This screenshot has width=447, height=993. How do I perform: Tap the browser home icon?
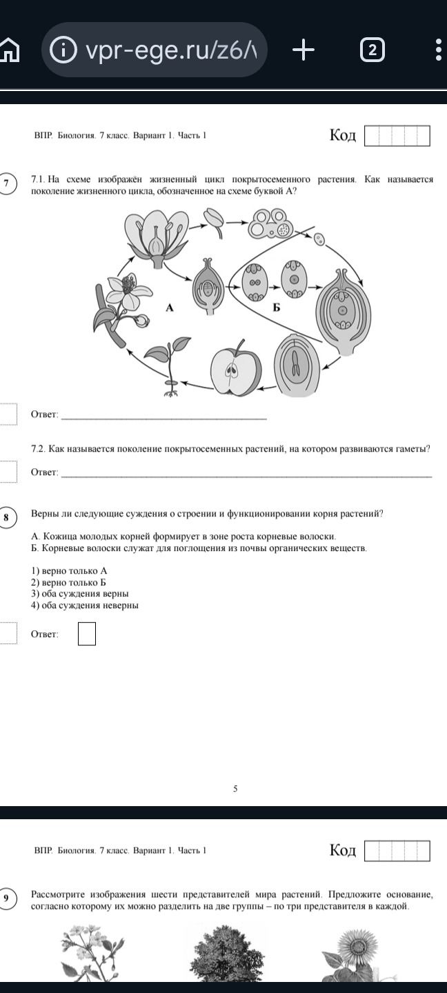click(9, 50)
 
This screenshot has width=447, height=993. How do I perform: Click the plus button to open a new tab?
click(304, 49)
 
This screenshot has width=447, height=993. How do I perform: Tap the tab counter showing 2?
click(372, 50)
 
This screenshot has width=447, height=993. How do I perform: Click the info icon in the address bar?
click(63, 49)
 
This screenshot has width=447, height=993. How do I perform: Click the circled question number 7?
click(6, 183)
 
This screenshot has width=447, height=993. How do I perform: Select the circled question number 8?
click(6, 517)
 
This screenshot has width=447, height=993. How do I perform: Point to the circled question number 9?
click(6, 898)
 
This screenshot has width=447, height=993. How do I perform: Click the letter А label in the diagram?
click(170, 308)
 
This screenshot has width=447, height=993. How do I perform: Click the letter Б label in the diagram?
click(276, 308)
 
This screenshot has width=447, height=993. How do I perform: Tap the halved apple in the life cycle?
click(235, 369)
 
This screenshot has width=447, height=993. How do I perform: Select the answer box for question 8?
click(87, 634)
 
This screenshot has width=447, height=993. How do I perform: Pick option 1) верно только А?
click(69, 570)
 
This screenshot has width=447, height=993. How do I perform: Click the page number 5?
click(235, 789)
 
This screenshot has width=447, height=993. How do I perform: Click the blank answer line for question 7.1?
click(164, 419)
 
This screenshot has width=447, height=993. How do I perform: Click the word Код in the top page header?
click(343, 134)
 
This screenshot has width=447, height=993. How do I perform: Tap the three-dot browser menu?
click(439, 50)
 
